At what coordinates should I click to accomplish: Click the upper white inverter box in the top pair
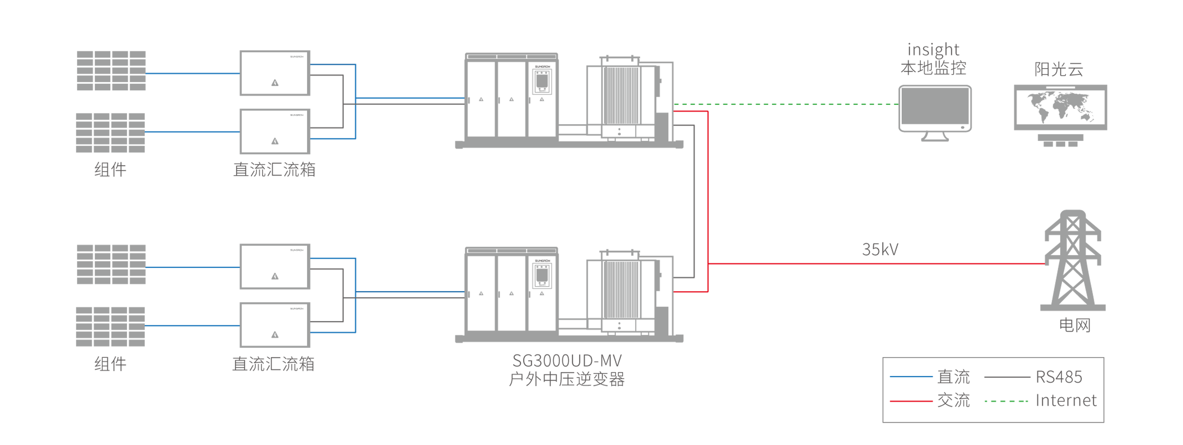click(x=274, y=73)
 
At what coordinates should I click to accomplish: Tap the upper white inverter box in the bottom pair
click(x=274, y=266)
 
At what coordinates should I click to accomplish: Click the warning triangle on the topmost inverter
click(x=275, y=83)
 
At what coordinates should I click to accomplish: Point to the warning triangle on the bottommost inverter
click(x=275, y=335)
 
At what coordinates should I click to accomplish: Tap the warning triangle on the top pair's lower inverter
click(x=275, y=141)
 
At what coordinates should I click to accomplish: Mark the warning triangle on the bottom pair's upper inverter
click(x=275, y=276)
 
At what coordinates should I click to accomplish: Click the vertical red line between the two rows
click(x=709, y=184)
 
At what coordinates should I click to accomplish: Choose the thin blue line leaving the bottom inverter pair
click(x=400, y=292)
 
